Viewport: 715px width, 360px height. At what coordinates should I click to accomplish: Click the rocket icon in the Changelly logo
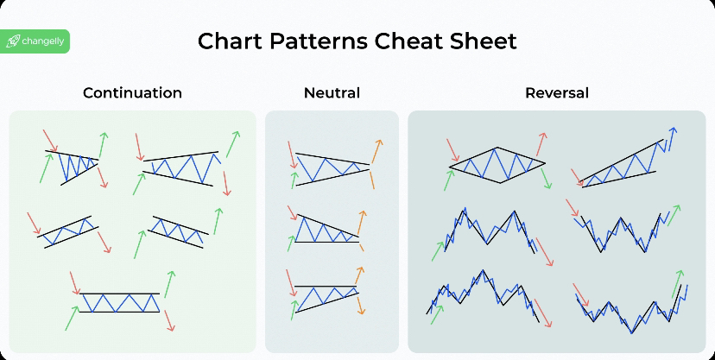(13, 42)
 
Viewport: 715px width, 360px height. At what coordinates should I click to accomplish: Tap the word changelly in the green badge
(43, 42)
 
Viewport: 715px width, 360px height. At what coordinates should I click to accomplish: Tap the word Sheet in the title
(484, 41)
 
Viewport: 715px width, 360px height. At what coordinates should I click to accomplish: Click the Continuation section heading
(132, 93)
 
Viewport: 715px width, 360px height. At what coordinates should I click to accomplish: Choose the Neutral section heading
(332, 93)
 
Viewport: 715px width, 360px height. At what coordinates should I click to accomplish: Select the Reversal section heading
(557, 93)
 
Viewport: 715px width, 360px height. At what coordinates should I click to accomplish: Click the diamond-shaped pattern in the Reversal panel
(497, 165)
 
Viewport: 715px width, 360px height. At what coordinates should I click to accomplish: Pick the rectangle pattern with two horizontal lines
(119, 302)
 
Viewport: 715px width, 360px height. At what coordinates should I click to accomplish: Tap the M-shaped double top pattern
(489, 231)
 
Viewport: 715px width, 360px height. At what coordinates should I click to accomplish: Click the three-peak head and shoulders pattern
(483, 295)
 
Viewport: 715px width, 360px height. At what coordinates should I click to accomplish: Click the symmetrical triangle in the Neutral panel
(332, 169)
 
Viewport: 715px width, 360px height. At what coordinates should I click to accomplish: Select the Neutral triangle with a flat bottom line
(326, 229)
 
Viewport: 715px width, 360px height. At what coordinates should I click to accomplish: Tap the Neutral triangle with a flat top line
(326, 299)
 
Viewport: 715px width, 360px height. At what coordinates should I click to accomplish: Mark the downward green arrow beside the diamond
(547, 178)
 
